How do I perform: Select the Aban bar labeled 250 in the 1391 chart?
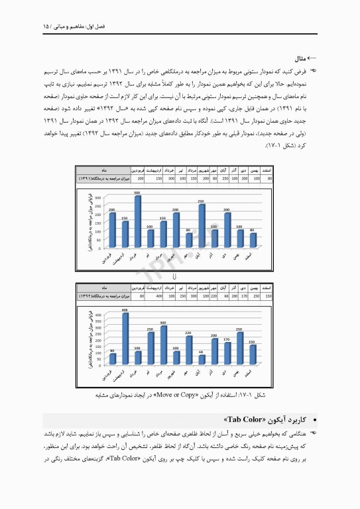202,225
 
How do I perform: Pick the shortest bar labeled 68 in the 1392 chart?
202,360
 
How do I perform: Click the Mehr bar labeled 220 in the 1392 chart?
189,350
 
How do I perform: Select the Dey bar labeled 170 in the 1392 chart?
227,353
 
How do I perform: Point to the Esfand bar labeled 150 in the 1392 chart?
253,355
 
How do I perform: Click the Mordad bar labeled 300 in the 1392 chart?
163,345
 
